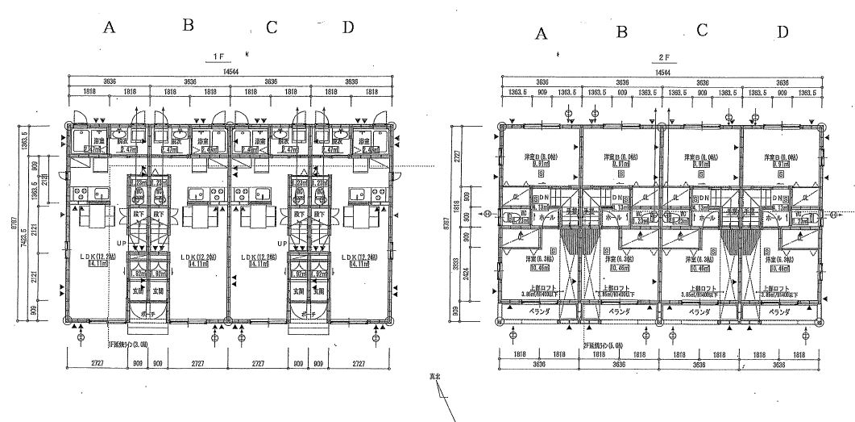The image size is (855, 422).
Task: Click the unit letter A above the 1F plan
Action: click(110, 27)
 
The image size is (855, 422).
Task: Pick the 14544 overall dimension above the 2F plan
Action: click(663, 73)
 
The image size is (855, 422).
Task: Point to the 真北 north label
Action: click(436, 377)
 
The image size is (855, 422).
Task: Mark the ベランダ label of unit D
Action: click(779, 311)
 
